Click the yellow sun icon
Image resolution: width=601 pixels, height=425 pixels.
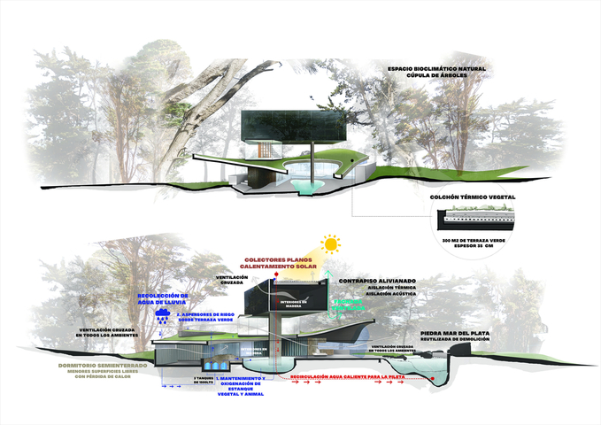tap(331, 243)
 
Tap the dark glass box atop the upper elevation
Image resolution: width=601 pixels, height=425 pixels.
tap(289, 127)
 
